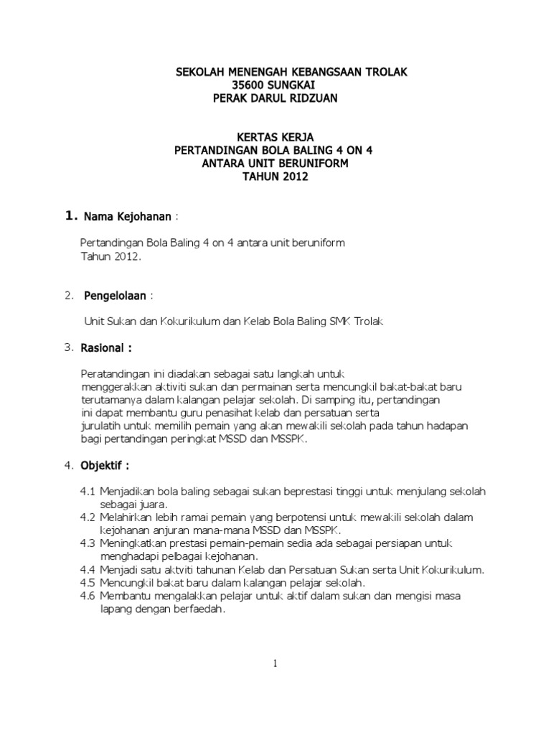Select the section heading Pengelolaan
pos(116,295)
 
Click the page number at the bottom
pos(275,664)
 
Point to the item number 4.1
pos(88,492)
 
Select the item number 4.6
pos(88,596)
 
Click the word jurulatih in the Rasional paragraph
pos(100,426)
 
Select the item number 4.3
pos(88,543)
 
